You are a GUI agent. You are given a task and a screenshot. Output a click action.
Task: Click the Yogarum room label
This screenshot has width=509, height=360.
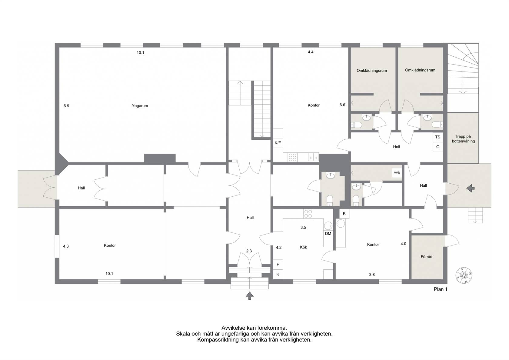(x=140, y=106)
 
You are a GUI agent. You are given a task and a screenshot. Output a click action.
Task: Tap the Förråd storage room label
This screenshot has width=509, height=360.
(x=426, y=257)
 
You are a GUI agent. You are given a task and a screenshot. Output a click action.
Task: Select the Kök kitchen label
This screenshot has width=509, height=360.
(x=303, y=247)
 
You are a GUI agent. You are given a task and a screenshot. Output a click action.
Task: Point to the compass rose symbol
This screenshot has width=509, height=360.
(x=464, y=275)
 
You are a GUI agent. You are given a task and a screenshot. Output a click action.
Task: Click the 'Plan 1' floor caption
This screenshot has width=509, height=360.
(x=441, y=289)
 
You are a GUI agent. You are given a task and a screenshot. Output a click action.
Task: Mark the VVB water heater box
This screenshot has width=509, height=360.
(x=397, y=173)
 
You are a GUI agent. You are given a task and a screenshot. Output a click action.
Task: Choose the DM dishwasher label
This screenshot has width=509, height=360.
(x=328, y=233)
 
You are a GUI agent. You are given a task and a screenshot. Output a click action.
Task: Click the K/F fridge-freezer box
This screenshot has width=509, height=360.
(x=278, y=143)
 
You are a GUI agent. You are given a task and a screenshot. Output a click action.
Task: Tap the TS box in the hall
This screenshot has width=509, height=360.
(x=437, y=137)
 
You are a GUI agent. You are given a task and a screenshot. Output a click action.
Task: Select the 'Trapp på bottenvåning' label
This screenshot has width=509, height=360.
(x=463, y=139)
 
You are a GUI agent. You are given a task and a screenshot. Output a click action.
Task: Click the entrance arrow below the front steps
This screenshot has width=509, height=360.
(x=250, y=295)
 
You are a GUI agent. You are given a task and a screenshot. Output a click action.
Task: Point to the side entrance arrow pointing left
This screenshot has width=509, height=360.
(x=470, y=188)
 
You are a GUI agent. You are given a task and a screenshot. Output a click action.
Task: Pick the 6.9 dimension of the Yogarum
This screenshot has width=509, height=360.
(x=66, y=106)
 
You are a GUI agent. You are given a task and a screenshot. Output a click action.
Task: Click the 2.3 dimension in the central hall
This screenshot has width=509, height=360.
(x=249, y=251)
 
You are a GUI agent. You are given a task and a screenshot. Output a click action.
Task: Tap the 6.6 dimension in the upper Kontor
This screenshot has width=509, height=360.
(x=342, y=105)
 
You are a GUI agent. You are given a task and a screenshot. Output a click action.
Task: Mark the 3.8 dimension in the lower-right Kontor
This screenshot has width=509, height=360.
(x=372, y=275)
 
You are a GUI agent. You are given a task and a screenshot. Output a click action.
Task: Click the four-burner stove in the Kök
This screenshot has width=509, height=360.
(x=308, y=214)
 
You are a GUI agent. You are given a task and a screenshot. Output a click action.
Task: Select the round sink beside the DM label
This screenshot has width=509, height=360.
(x=328, y=226)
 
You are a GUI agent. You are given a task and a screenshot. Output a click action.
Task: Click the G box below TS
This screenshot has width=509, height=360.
(x=437, y=147)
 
